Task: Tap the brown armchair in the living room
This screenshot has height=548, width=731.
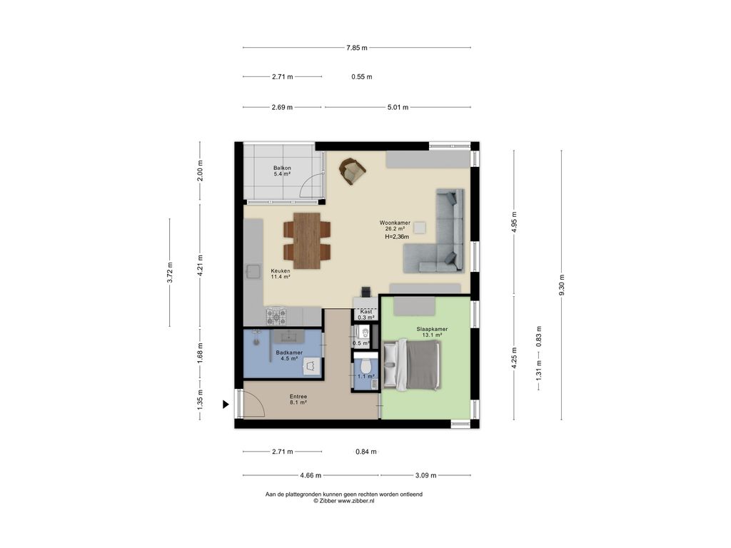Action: click(352, 170)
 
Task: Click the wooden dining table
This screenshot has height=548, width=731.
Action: click(307, 240)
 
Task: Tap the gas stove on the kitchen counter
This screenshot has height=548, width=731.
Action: click(276, 314)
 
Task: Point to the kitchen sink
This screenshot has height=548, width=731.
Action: click(253, 271)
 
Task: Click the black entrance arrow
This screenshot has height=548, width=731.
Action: click(226, 405)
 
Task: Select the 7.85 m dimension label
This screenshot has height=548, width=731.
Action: click(356, 48)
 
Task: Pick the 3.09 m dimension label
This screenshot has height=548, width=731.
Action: click(425, 475)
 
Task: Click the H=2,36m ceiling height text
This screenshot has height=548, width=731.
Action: click(397, 237)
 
